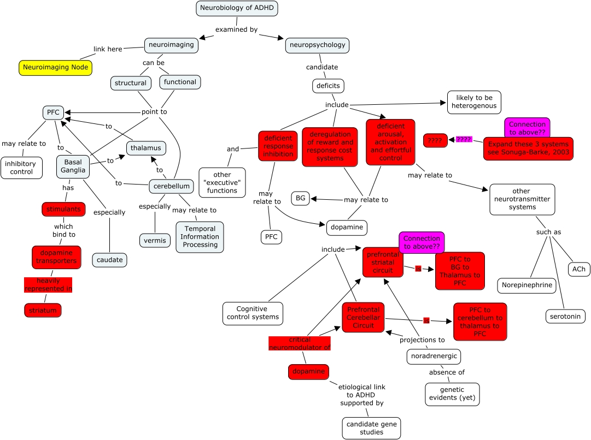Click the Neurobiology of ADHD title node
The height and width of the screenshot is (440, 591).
[237, 8]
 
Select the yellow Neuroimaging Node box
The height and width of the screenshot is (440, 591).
[56, 67]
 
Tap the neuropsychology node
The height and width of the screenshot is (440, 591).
[317, 45]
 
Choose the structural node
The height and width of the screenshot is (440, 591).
[131, 83]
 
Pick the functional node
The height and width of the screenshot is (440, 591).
[180, 82]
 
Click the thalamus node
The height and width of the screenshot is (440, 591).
[146, 148]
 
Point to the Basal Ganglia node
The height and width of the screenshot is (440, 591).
[73, 167]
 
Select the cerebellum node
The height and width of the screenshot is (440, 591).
[172, 186]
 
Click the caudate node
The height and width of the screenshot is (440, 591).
[110, 260]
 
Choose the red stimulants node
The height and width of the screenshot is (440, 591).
[63, 209]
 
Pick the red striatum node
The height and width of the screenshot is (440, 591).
[43, 310]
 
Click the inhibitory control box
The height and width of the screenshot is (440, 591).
[21, 168]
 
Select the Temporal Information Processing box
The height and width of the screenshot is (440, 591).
[200, 237]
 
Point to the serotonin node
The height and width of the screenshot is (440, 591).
[565, 316]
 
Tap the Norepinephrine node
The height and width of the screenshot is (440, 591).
[526, 285]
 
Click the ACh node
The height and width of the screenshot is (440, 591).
[578, 269]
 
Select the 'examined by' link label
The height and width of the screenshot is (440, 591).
[236, 29]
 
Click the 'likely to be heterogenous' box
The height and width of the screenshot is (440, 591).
[473, 102]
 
